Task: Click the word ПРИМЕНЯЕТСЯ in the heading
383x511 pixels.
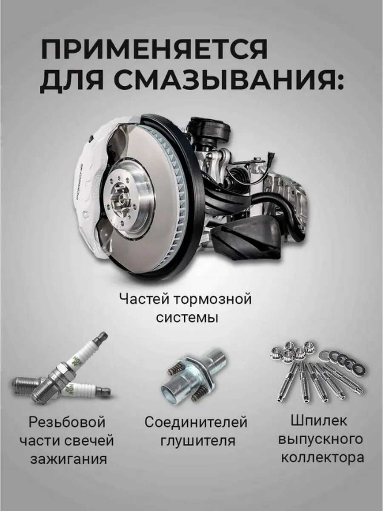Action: pyautogui.click(x=154, y=50)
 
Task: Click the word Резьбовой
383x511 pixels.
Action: pyautogui.click(x=67, y=422)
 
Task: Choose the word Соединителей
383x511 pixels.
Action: pyautogui.click(x=196, y=422)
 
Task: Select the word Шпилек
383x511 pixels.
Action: pyautogui.click(x=319, y=420)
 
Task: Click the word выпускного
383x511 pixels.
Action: pyautogui.click(x=321, y=439)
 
